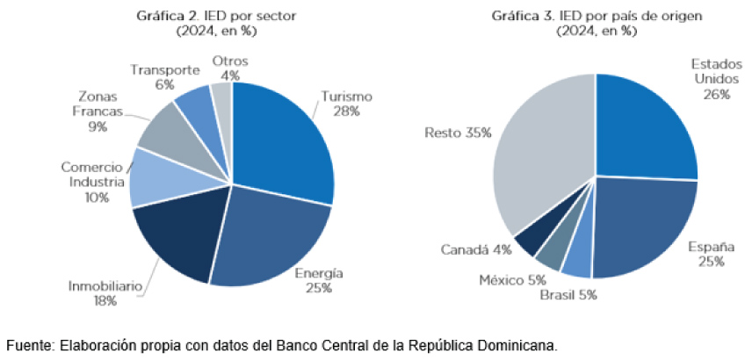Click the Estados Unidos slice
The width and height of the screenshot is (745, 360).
[x=646, y=127]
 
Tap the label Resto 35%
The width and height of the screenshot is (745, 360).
[x=457, y=133]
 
